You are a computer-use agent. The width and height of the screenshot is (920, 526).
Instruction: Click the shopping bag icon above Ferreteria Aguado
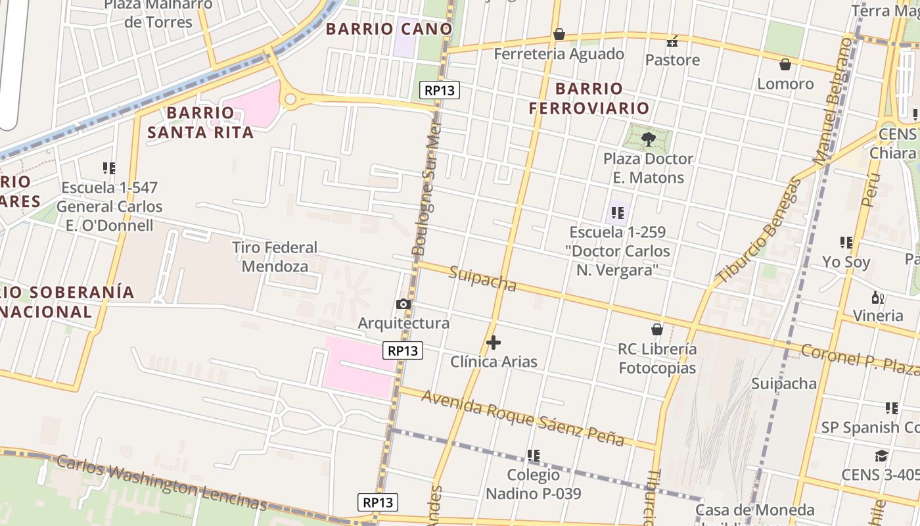pyautogui.click(x=559, y=34)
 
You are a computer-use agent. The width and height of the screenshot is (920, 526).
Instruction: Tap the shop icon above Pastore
pyautogui.click(x=672, y=41)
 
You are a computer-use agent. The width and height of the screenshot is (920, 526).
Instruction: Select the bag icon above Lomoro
pyautogui.click(x=785, y=64)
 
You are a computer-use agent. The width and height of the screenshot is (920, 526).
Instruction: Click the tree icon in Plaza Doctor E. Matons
pyautogui.click(x=649, y=139)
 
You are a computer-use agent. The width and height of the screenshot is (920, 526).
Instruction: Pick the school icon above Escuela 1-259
pyautogui.click(x=618, y=212)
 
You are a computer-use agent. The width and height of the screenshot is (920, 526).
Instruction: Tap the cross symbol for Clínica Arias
pyautogui.click(x=494, y=343)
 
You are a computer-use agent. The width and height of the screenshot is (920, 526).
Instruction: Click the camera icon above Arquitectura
pyautogui.click(x=403, y=304)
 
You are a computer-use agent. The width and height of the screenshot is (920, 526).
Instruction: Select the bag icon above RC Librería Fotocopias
pyautogui.click(x=656, y=329)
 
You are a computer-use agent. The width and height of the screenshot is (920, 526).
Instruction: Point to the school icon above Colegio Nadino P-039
pyautogui.click(x=534, y=455)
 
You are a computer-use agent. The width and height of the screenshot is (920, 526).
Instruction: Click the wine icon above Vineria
pyautogui.click(x=877, y=297)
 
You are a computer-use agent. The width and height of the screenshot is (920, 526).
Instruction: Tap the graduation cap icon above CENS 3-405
pyautogui.click(x=881, y=456)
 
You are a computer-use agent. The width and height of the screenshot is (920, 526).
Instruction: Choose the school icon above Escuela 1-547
pyautogui.click(x=109, y=168)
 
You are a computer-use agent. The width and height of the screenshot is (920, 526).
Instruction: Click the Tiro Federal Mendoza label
pyautogui.click(x=275, y=257)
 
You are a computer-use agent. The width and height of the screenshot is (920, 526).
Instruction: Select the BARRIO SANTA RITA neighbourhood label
pyautogui.click(x=200, y=122)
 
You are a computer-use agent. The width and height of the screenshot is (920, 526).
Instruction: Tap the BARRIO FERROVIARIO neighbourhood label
pyautogui.click(x=589, y=98)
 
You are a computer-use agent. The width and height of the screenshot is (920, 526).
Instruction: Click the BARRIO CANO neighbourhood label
pyautogui.click(x=389, y=29)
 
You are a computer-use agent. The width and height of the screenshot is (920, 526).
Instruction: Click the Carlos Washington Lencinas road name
pyautogui.click(x=161, y=482)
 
